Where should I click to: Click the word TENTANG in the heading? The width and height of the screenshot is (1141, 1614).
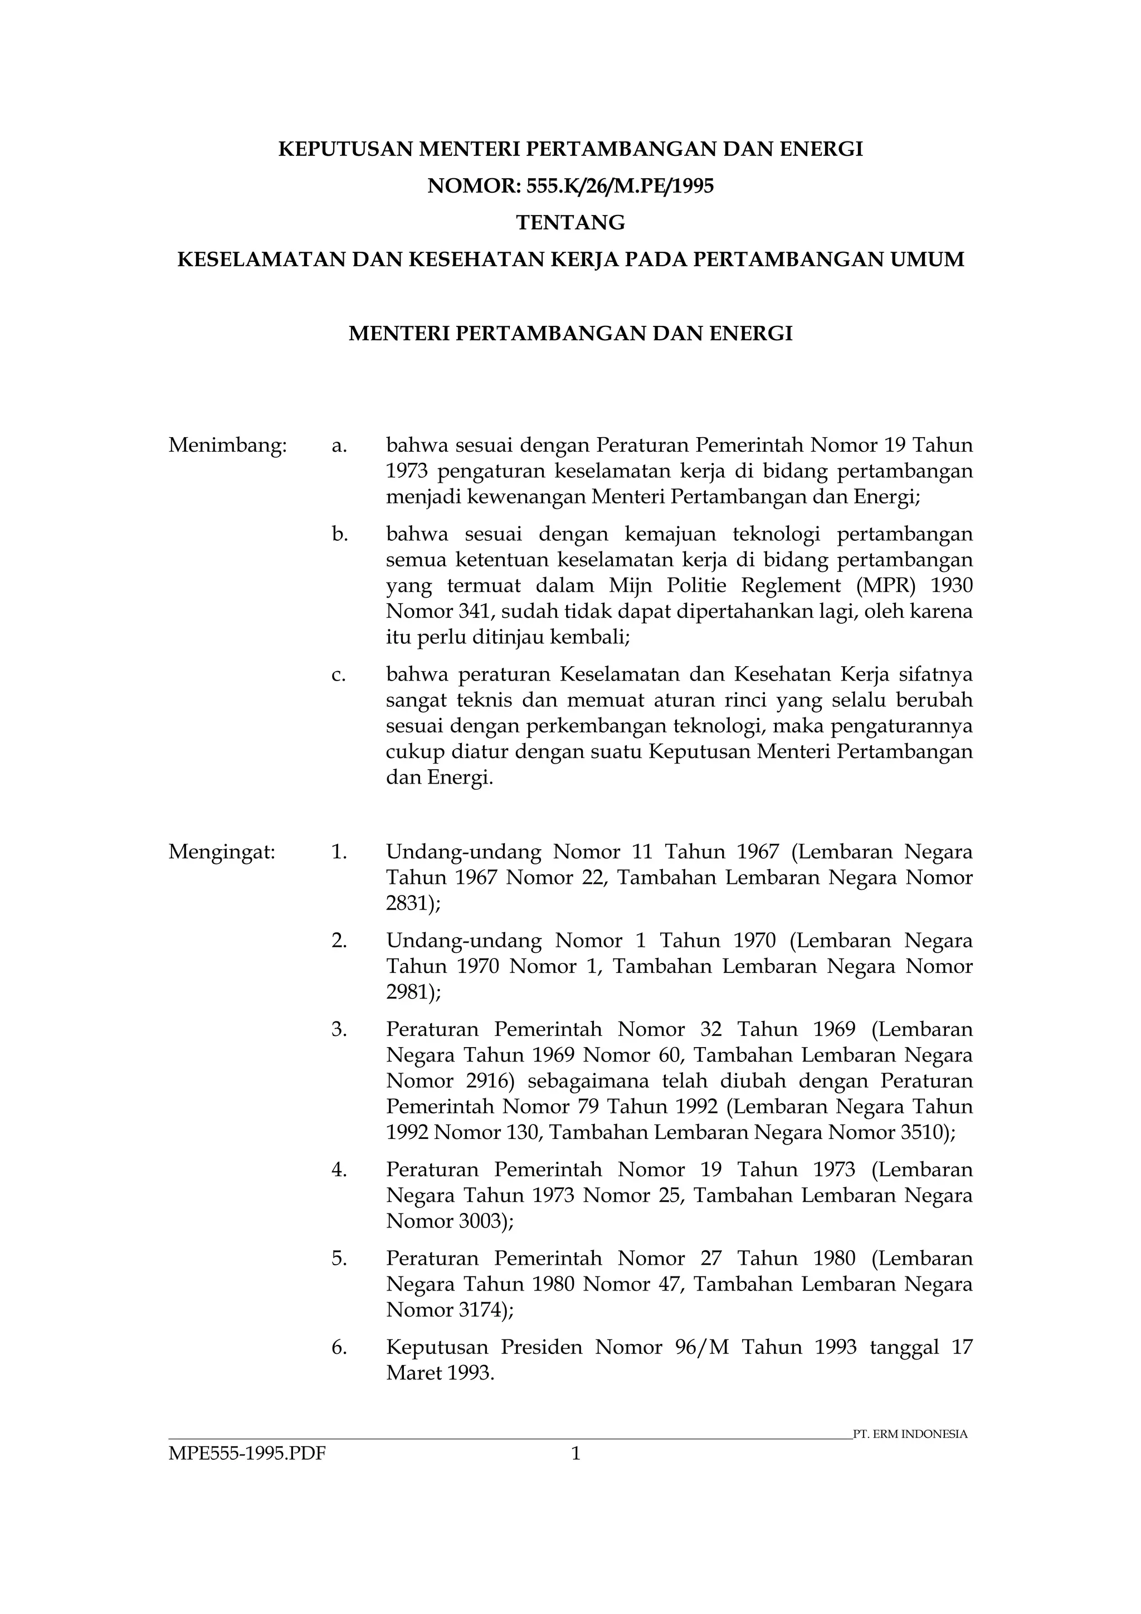[x=570, y=223]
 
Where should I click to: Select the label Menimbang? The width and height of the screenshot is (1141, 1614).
[x=228, y=446]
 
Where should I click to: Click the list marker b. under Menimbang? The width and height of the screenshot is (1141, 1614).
[x=339, y=534]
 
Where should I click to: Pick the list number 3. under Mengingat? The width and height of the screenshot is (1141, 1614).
[x=339, y=1030]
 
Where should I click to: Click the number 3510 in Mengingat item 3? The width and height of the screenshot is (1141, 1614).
[x=923, y=1132]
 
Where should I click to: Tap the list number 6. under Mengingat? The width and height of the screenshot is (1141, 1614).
[x=339, y=1348]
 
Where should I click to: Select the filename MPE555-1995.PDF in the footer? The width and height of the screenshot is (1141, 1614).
[x=247, y=1454]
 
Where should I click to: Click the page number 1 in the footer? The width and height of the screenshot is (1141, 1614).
[x=576, y=1454]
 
